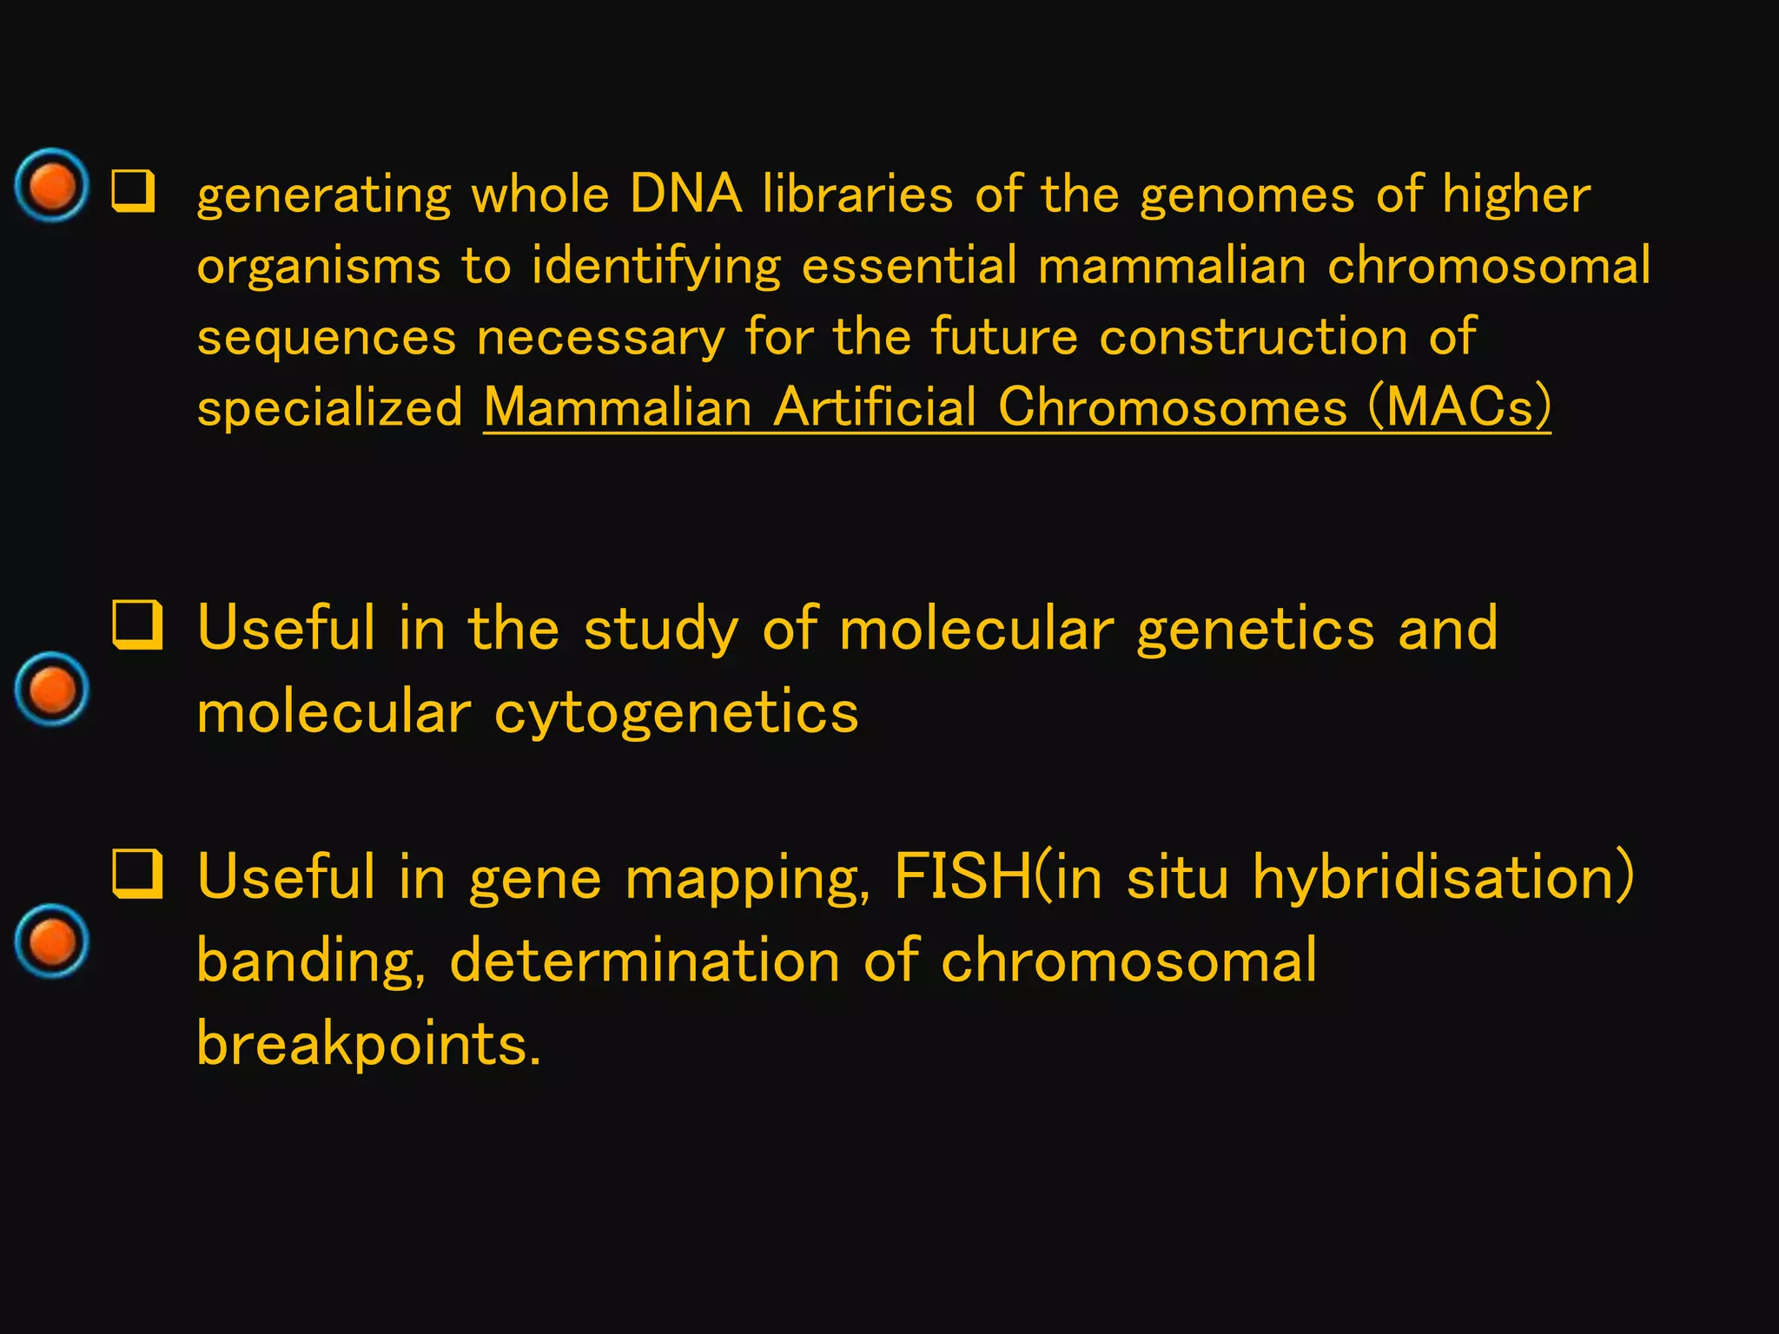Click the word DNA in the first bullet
(685, 193)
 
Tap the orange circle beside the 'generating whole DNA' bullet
(52, 185)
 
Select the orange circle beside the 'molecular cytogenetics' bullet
(52, 689)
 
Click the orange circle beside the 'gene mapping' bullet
(52, 941)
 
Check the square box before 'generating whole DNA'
(134, 192)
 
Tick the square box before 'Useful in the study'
(137, 625)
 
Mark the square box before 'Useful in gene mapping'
(137, 874)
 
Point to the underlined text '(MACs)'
(1459, 406)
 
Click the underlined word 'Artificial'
(875, 406)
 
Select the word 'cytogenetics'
(676, 713)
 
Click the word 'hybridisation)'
(1443, 877)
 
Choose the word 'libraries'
(857, 193)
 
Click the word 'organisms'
(319, 266)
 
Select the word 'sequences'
(326, 337)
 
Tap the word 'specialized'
(330, 408)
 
